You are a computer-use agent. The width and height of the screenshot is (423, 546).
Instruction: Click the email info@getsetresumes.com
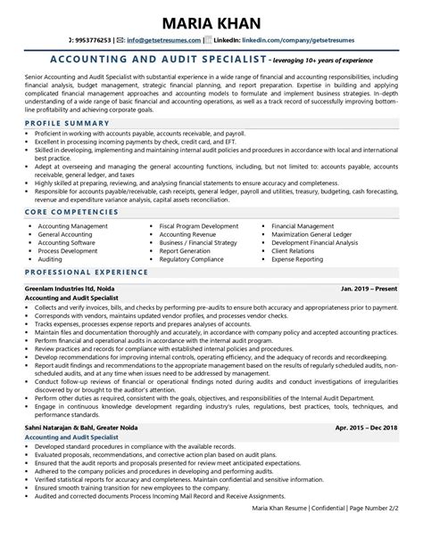coord(164,40)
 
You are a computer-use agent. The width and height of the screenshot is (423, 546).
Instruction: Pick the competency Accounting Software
coord(67,241)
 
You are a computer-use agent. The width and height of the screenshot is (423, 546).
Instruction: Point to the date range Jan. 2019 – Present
coord(368,290)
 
